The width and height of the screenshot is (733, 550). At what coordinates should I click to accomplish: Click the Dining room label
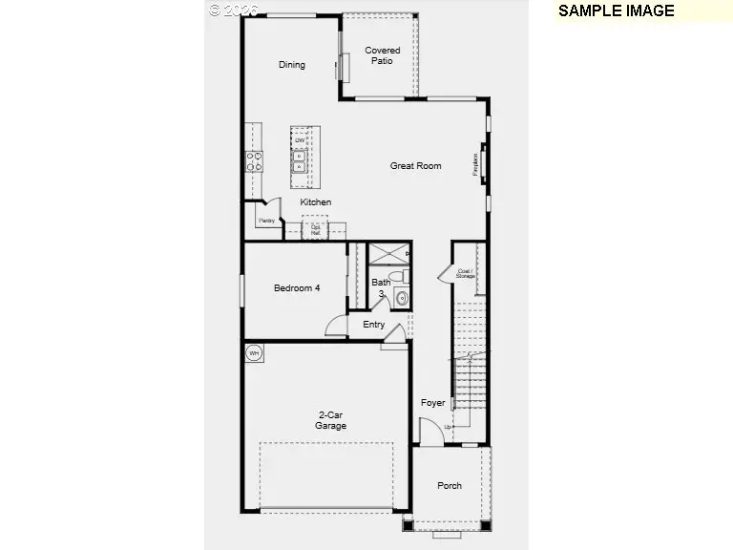(x=292, y=65)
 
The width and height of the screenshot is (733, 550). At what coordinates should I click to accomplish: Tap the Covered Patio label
(x=382, y=55)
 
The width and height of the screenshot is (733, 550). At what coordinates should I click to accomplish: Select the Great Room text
(x=415, y=166)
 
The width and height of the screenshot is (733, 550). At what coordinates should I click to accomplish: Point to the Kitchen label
(x=316, y=202)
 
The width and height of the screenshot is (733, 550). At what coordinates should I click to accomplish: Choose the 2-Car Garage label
(x=331, y=420)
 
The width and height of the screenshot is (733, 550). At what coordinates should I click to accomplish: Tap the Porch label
(x=450, y=486)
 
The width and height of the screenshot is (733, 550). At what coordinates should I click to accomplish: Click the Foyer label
(x=432, y=403)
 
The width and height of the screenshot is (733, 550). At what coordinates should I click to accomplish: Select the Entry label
(x=374, y=325)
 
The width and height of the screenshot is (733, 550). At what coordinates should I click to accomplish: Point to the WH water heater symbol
(x=254, y=353)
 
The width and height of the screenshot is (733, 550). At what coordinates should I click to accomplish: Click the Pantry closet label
(x=266, y=221)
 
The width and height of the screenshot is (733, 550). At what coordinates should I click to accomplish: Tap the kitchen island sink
(x=300, y=159)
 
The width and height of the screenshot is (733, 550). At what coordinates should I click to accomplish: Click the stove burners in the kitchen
(x=256, y=161)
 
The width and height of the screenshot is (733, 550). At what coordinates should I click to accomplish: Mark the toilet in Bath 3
(x=404, y=276)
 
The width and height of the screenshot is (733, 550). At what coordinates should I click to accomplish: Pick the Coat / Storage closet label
(x=466, y=273)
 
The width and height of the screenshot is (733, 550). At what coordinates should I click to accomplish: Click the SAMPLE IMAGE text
(x=616, y=11)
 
